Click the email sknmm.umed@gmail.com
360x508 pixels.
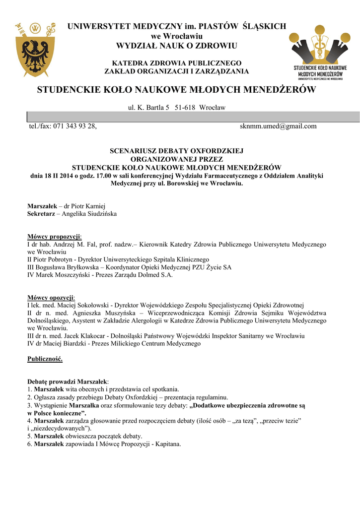coord(278,126)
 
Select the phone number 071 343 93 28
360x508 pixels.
coord(74,126)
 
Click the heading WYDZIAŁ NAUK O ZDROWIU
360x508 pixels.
coord(177,46)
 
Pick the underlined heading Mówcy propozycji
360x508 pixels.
coord(54,237)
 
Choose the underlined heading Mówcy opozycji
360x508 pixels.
coord(51,297)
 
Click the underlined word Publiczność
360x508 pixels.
coord(45,359)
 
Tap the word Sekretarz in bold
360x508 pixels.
coord(41,213)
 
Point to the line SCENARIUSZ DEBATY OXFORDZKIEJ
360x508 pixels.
coord(176,150)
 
